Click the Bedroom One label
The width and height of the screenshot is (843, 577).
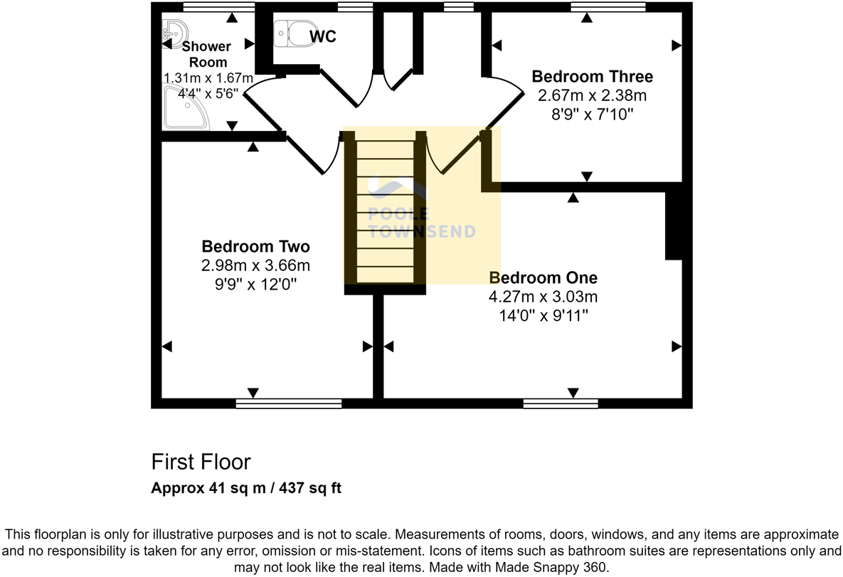[x=544, y=277]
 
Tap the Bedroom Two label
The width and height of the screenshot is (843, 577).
[x=255, y=247]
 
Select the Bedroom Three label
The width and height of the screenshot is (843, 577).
[x=592, y=76]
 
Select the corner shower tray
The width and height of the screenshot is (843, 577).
[x=186, y=108]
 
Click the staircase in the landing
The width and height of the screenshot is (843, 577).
[x=385, y=211]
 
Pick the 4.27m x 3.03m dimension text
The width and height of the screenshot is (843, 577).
[x=544, y=297]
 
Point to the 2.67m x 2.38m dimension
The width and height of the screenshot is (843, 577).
[x=592, y=95]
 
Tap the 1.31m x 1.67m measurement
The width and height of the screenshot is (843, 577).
[x=208, y=78]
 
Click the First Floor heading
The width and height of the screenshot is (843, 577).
[x=201, y=462]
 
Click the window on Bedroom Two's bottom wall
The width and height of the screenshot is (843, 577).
[x=288, y=403]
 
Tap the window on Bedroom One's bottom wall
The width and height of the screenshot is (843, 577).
[x=561, y=403]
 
